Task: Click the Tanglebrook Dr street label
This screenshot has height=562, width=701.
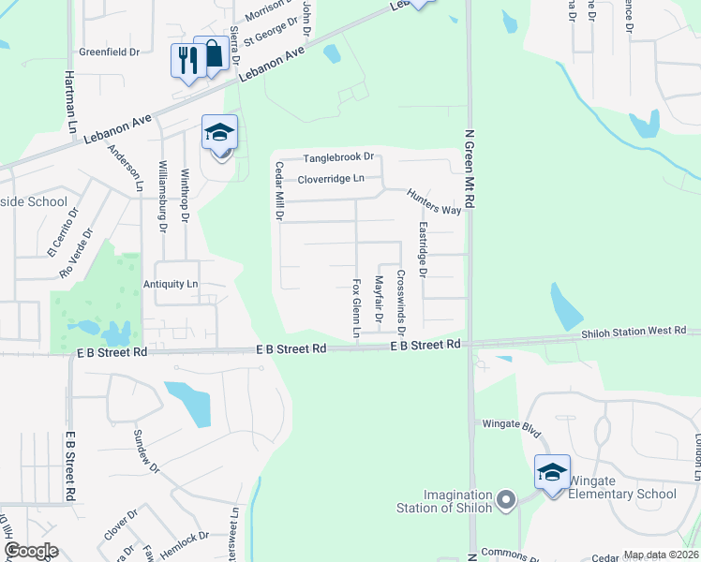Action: [x=337, y=157]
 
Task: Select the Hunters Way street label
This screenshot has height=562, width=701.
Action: [x=434, y=201]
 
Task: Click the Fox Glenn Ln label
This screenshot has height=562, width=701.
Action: [x=356, y=307]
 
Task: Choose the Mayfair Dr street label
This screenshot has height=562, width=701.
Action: [x=380, y=301]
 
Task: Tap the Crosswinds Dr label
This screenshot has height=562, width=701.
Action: [x=401, y=303]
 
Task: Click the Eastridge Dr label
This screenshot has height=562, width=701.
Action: [x=423, y=249]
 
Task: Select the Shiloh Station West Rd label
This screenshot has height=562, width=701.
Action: [x=634, y=332]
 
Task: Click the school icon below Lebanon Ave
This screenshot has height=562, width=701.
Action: [x=219, y=132]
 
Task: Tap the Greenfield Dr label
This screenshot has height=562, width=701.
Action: [x=109, y=52]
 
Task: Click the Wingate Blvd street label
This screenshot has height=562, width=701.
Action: [x=513, y=423]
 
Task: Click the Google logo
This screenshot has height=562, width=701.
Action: [x=31, y=551]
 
